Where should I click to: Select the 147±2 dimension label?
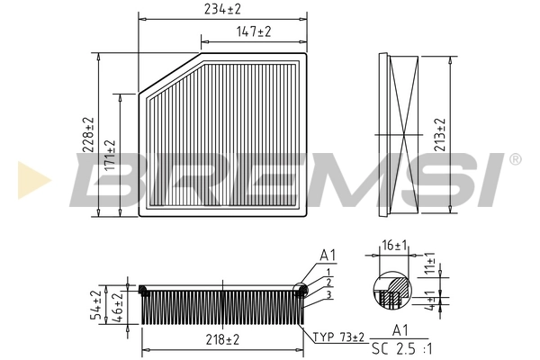point(254,32)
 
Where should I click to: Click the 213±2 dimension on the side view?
point(440,135)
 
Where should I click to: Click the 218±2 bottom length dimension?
point(220,339)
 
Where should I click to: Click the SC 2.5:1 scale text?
point(402,347)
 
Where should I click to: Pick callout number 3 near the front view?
point(329,294)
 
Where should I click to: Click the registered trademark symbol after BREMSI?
point(515,159)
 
